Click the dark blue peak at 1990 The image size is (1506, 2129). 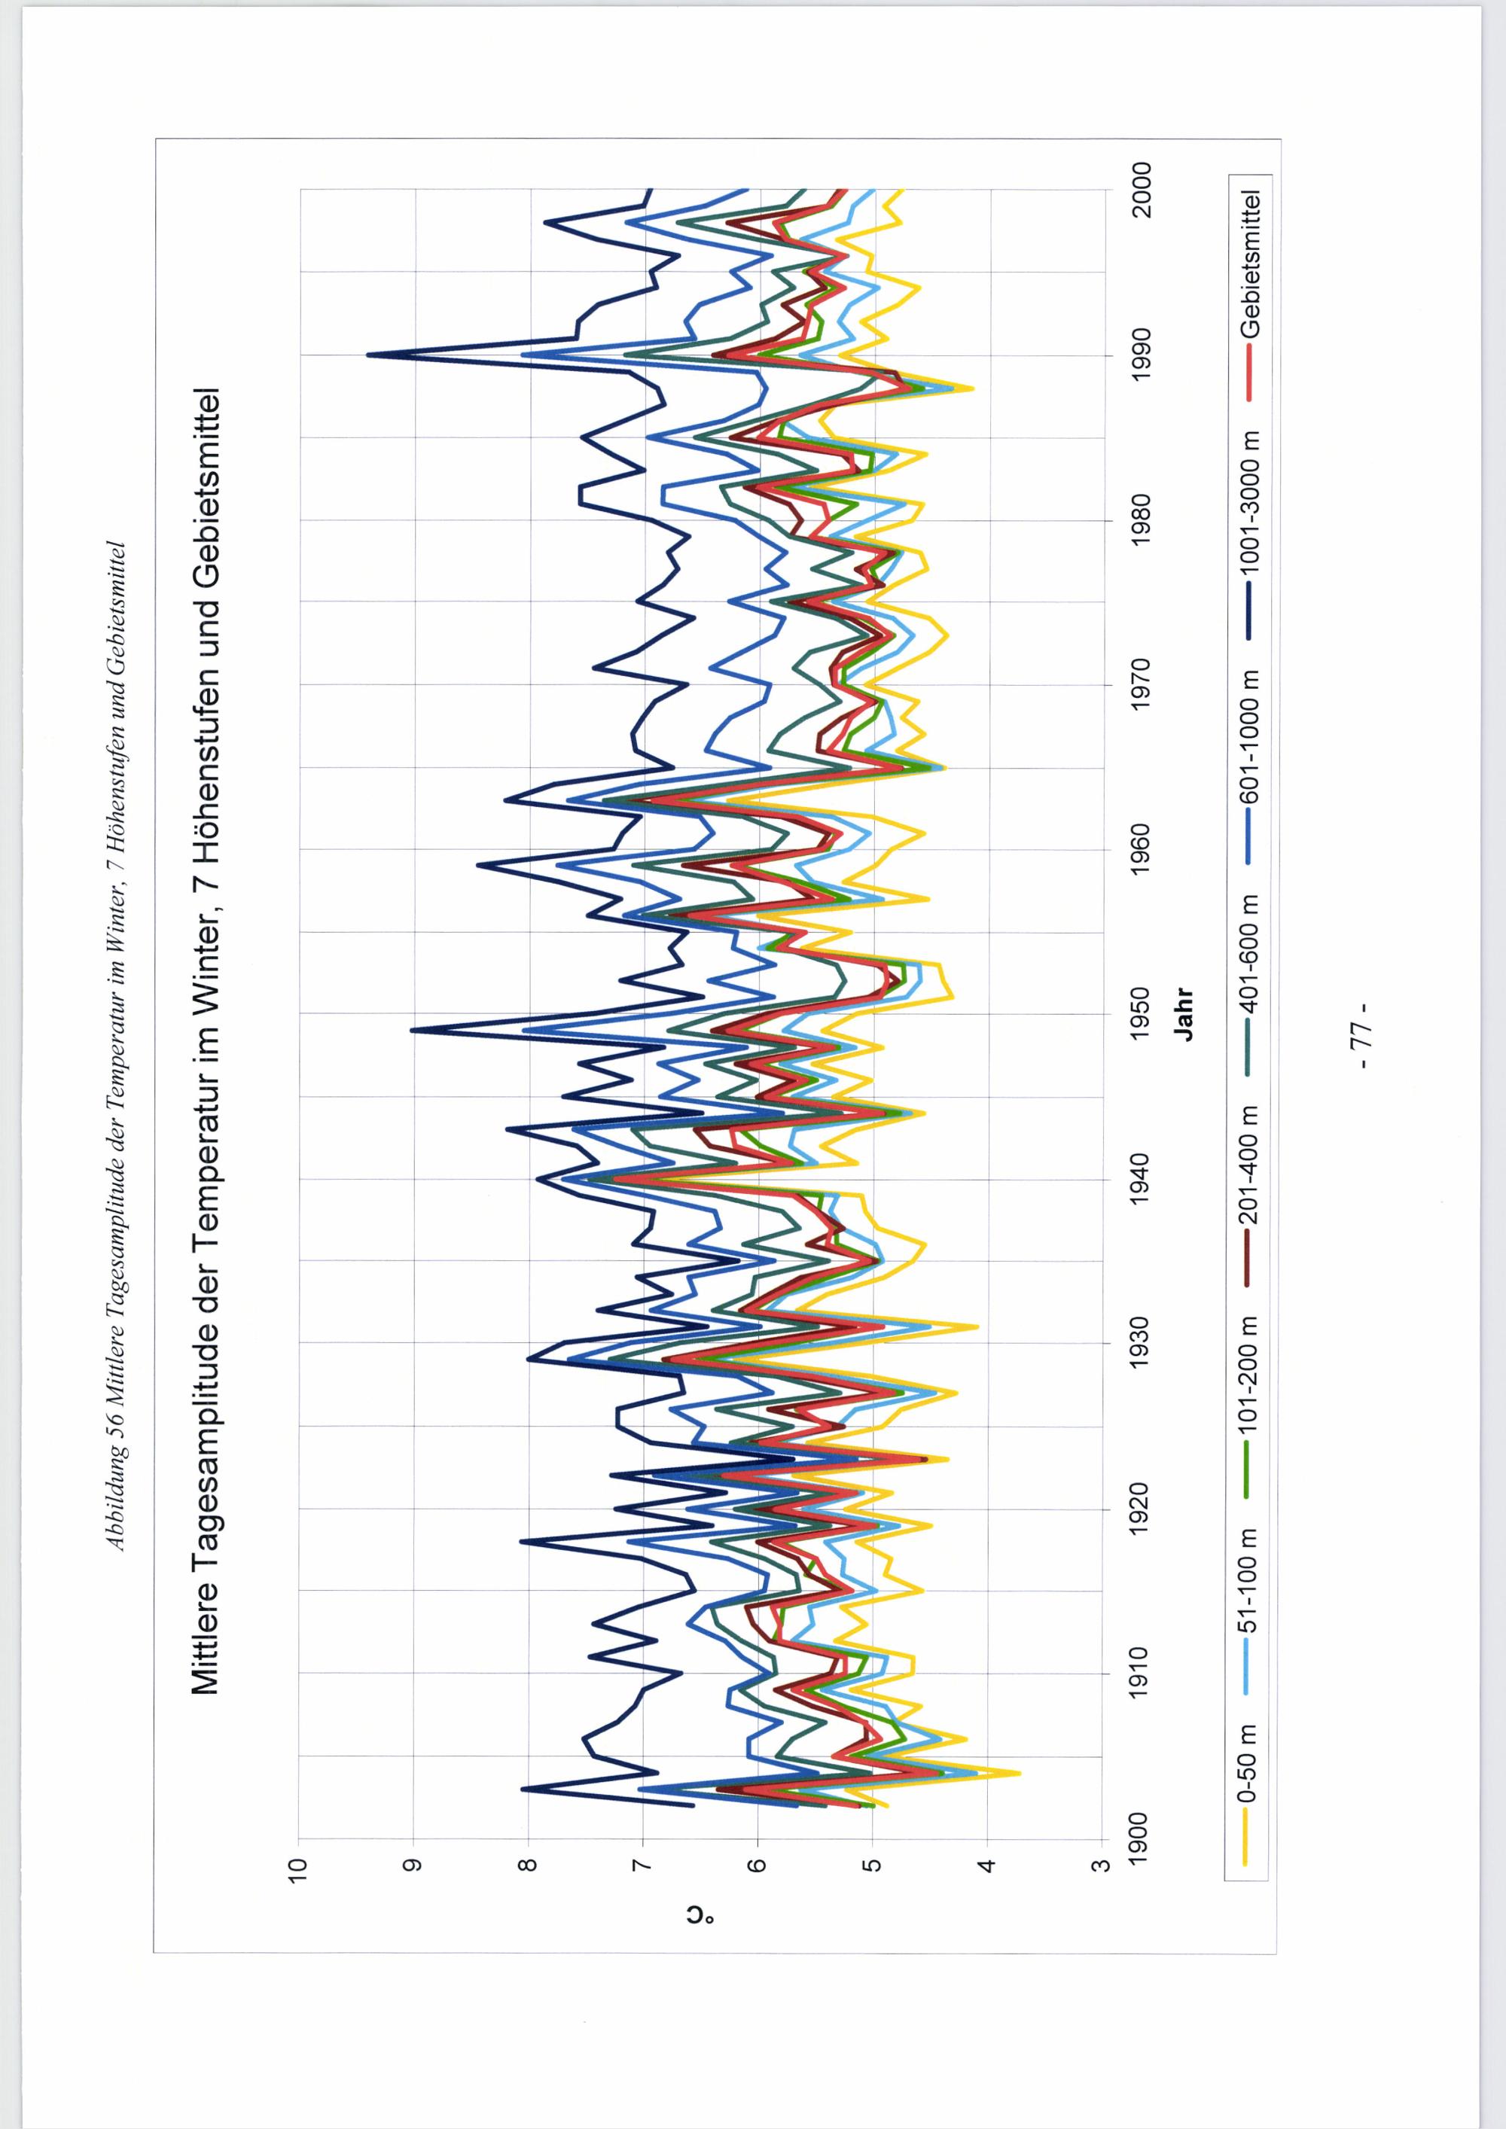tap(368, 355)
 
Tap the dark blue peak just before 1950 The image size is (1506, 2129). tap(412, 1029)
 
